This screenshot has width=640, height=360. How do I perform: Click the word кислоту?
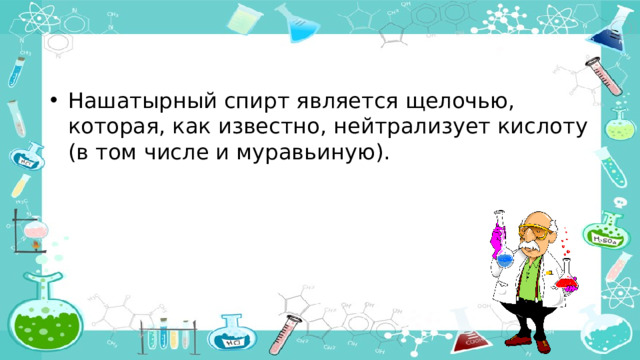coord(538,129)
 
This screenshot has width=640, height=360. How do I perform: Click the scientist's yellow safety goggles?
coord(531,228)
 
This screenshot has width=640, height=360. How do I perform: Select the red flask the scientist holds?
coord(567,278)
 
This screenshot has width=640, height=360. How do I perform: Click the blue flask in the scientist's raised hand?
coord(505,257)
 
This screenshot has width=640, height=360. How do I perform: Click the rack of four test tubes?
coord(165,336)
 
